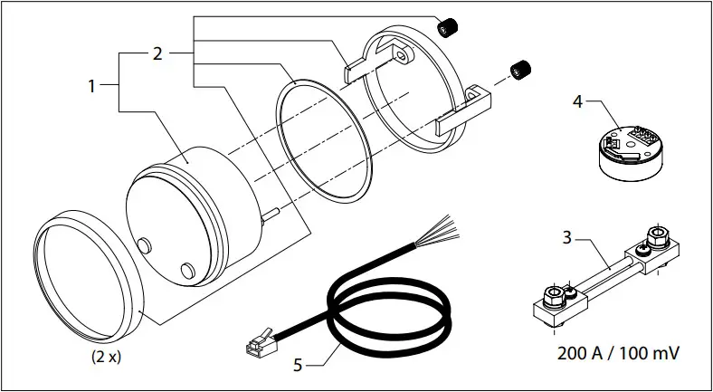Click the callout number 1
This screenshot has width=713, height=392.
[91, 86]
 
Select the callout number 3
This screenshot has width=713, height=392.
[566, 239]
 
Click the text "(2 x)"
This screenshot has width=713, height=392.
[106, 356]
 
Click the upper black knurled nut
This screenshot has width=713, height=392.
[446, 28]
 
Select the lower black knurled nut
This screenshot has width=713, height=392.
[519, 69]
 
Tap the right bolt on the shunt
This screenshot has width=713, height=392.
[655, 237]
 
